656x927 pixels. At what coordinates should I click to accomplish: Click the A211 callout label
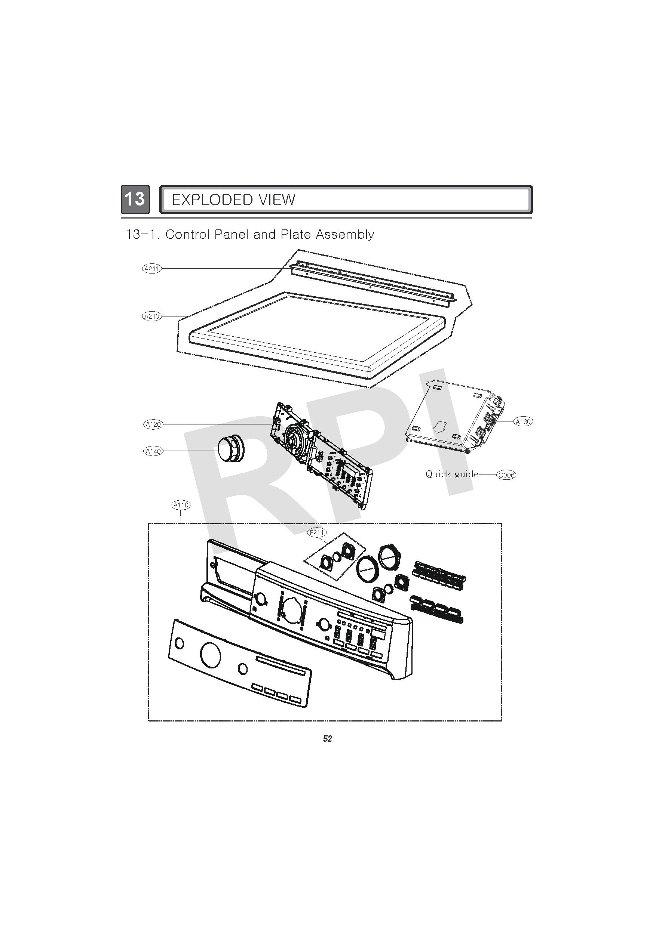(152, 269)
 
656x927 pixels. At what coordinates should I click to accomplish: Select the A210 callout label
(152, 316)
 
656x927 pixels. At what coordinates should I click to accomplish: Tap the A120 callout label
(153, 424)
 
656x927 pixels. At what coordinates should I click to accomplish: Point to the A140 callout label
(153, 451)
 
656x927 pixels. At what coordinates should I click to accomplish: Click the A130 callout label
(523, 421)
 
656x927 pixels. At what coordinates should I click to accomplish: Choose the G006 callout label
(506, 475)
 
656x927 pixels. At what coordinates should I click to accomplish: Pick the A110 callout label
(181, 505)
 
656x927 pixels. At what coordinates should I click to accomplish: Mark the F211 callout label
(317, 533)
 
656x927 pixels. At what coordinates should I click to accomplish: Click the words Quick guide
(452, 475)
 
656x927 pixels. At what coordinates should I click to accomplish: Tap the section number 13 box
(135, 199)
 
